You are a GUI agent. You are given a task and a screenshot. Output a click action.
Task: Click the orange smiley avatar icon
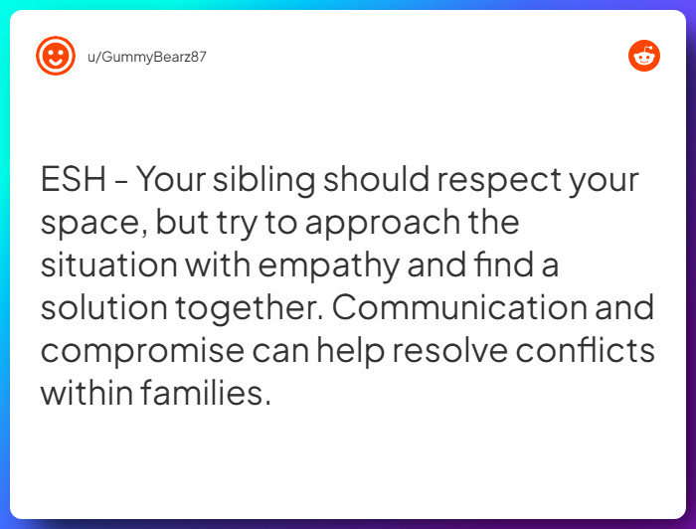point(56,56)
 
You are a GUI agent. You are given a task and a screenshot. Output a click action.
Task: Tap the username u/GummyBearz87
point(146,57)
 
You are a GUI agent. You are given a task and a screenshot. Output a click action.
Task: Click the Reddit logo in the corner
point(644,56)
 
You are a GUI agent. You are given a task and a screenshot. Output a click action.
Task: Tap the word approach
point(381,224)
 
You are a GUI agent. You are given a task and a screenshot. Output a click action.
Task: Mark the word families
point(206,392)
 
